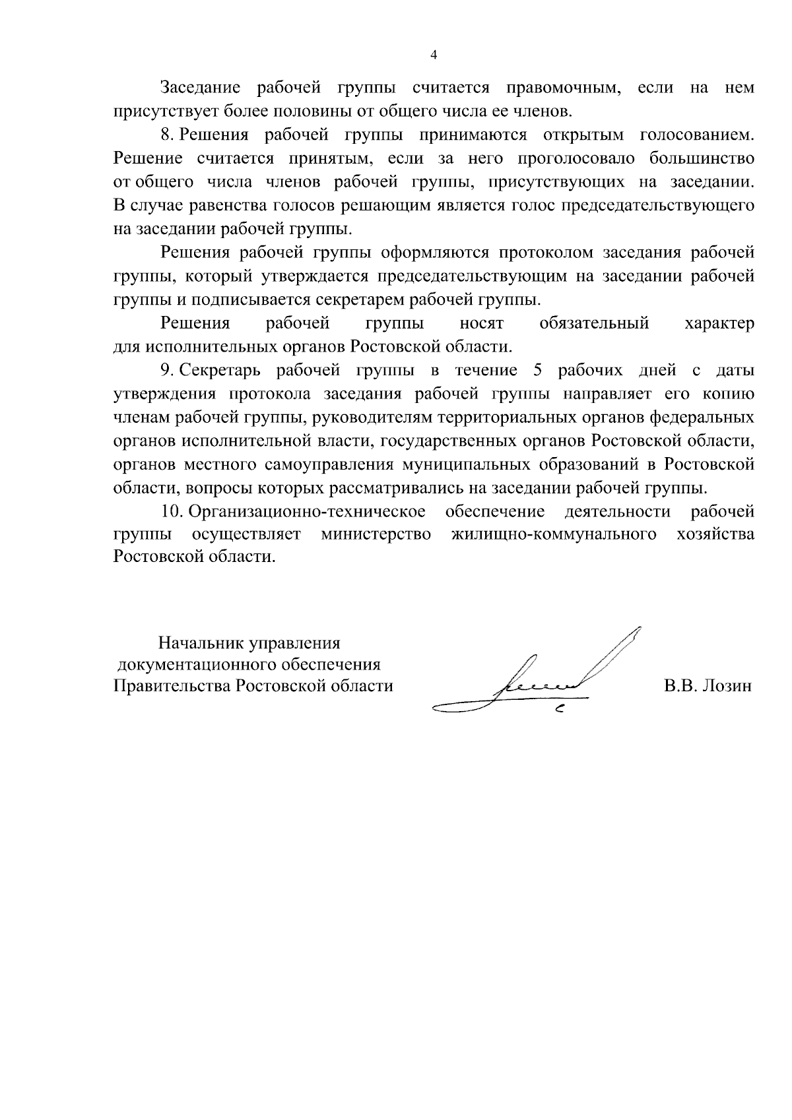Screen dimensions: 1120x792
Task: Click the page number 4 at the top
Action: (x=434, y=55)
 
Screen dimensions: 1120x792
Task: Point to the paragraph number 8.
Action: (x=166, y=135)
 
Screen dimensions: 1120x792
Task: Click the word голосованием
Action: (x=697, y=135)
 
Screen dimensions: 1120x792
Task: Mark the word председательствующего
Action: (x=657, y=206)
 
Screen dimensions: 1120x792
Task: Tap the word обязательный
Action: (x=594, y=324)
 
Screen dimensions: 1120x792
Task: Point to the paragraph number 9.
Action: (x=166, y=371)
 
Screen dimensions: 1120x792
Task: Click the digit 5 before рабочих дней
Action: (x=537, y=371)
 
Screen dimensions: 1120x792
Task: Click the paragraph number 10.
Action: (x=170, y=512)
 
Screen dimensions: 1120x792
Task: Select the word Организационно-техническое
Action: (x=307, y=512)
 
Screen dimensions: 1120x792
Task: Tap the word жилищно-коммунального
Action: (x=554, y=535)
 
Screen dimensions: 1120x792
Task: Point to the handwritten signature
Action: (x=541, y=679)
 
